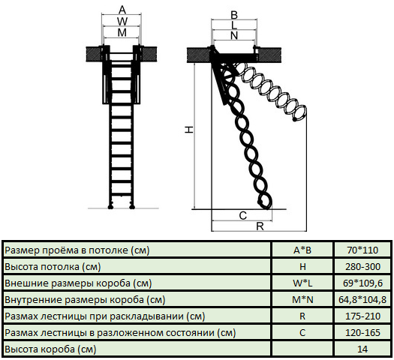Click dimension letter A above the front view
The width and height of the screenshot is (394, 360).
click(x=122, y=10)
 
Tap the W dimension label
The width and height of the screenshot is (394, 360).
click(x=122, y=21)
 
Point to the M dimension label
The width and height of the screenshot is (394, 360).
click(x=122, y=33)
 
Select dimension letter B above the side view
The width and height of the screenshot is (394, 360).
click(x=234, y=15)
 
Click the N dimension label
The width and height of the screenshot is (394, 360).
click(x=234, y=36)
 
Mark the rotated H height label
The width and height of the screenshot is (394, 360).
click(x=189, y=129)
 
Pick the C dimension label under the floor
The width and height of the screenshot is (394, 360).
click(x=243, y=216)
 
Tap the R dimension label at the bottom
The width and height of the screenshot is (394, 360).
click(x=260, y=226)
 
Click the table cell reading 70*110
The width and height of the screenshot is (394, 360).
click(x=362, y=250)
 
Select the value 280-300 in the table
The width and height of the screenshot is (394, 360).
click(x=362, y=266)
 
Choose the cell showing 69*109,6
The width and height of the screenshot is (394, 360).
click(x=362, y=283)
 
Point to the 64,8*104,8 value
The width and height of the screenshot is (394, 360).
click(x=362, y=300)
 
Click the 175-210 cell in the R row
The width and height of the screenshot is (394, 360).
click(x=362, y=316)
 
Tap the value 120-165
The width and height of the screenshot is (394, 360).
click(x=362, y=333)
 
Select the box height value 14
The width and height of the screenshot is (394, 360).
click(x=362, y=349)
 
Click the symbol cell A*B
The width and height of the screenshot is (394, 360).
click(x=302, y=250)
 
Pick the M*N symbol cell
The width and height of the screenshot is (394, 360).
click(x=302, y=300)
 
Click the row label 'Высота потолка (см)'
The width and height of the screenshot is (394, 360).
click(x=53, y=266)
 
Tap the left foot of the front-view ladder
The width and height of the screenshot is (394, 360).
click(x=110, y=207)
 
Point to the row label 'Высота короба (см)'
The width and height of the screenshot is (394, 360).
click(x=50, y=349)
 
